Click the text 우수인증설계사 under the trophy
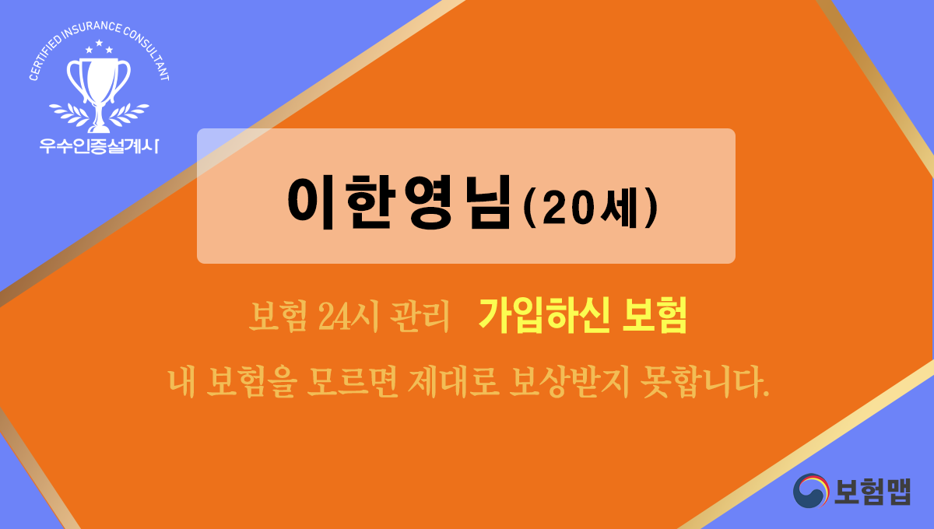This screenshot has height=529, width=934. click(98, 145)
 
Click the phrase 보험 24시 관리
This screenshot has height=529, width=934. click(349, 317)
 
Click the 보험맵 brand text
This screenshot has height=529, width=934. click(873, 490)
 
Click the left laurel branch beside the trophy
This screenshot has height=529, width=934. click(68, 113)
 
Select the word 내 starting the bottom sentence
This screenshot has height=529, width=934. click(181, 382)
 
